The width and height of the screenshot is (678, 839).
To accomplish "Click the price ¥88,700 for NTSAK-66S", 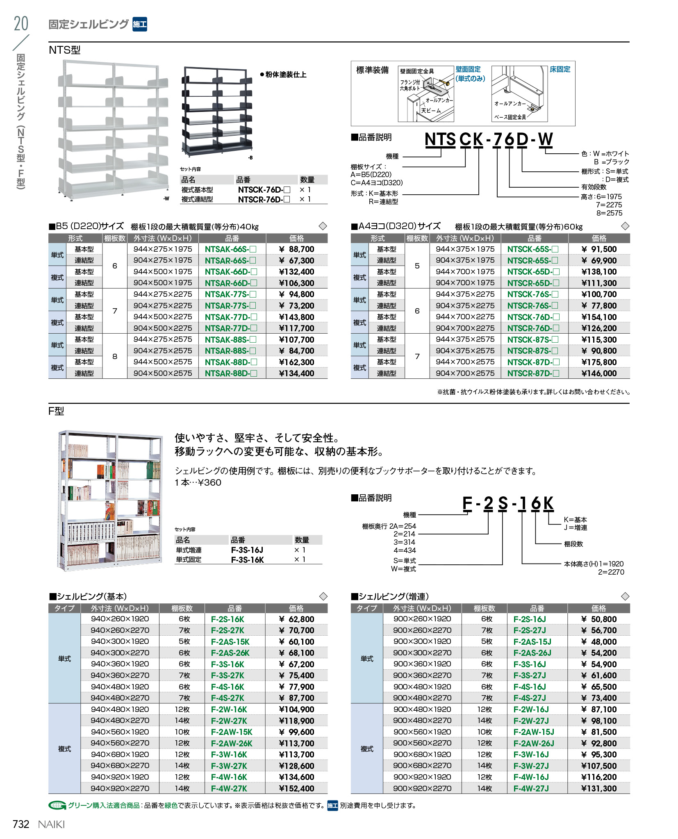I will coord(296,249).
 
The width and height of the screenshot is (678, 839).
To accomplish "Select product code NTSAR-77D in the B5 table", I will coord(231,328).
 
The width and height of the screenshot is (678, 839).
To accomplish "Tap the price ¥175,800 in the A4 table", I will coord(598,362).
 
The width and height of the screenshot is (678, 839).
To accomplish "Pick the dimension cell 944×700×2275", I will coord(465,317).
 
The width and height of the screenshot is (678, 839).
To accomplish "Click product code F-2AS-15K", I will coord(230,642).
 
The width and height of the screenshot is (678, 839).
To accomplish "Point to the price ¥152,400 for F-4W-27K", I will coord(296,789).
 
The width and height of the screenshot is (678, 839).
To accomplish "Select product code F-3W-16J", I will coord(531,755).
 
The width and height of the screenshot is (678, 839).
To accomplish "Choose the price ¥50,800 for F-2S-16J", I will coord(598,619).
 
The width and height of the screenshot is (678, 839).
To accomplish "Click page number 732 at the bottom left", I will coord(21,824).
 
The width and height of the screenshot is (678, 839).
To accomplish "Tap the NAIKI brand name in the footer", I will coord(51,825).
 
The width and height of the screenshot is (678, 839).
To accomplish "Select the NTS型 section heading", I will coord(64,50).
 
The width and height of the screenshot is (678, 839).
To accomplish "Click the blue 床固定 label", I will coord(560,69).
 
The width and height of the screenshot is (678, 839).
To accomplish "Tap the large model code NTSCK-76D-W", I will coord(488,139).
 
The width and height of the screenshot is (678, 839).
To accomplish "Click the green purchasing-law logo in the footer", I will coord(57,806).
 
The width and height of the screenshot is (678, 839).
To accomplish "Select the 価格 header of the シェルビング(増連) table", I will coord(598,608).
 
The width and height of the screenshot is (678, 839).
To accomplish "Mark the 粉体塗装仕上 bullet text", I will coord(283,75).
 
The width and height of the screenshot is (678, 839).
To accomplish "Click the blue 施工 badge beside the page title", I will coord(140,25).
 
